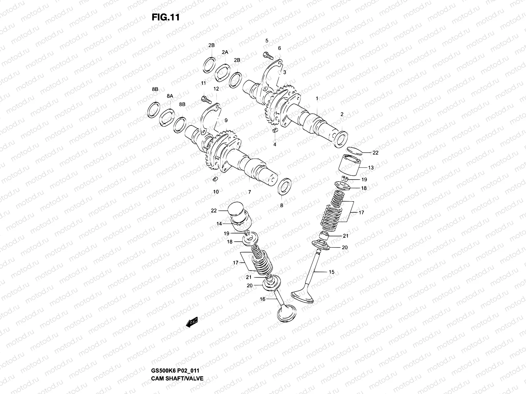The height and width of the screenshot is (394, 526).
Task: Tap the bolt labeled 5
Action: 268,56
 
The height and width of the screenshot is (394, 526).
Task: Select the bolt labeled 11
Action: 205,98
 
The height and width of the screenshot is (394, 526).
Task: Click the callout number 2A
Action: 225,52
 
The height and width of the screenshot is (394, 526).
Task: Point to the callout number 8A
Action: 170,96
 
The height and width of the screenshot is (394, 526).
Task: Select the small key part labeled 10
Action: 216,179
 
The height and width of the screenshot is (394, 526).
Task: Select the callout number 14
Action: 219,224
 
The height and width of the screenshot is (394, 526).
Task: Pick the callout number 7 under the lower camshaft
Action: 250,192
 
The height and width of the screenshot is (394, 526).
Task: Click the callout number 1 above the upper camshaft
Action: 317,98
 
